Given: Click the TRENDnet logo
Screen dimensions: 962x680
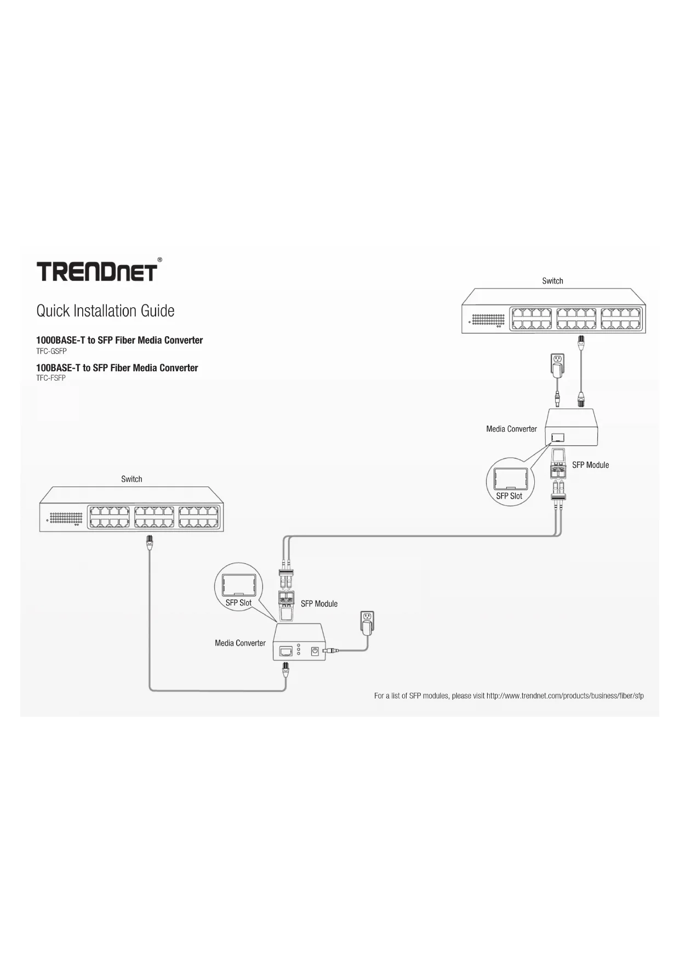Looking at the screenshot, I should pyautogui.click(x=97, y=271).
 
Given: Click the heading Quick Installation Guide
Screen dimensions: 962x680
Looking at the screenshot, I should pyautogui.click(x=105, y=311).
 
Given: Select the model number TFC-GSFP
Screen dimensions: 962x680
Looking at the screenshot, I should pyautogui.click(x=52, y=351).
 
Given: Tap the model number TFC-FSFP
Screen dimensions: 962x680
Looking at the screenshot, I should pyautogui.click(x=51, y=378).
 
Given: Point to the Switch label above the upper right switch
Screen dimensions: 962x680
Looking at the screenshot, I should pyautogui.click(x=552, y=281).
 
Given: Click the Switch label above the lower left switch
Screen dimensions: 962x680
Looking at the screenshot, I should pyautogui.click(x=132, y=479).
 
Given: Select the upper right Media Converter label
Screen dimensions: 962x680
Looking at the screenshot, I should pyautogui.click(x=511, y=429).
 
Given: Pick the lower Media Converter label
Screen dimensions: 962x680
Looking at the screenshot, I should pyautogui.click(x=240, y=643).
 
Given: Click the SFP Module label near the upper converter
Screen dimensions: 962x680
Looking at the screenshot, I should pyautogui.click(x=590, y=465).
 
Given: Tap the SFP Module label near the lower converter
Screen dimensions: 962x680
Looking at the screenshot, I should pyautogui.click(x=319, y=604).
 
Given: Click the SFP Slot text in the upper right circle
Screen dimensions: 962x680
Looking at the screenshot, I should pyautogui.click(x=509, y=496).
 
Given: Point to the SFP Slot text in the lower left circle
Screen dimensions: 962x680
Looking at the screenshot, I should pyautogui.click(x=238, y=603).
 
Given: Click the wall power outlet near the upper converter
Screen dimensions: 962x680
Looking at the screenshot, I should pyautogui.click(x=557, y=361).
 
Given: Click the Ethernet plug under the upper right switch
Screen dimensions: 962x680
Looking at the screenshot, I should pyautogui.click(x=581, y=342).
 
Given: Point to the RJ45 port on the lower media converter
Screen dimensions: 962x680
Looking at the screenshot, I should pyautogui.click(x=285, y=651).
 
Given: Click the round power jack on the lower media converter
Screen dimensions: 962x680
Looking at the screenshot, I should pyautogui.click(x=315, y=651).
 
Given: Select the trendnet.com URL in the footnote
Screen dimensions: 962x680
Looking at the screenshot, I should pyautogui.click(x=565, y=696).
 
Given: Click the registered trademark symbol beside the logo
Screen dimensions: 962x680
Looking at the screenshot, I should pyautogui.click(x=159, y=259).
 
